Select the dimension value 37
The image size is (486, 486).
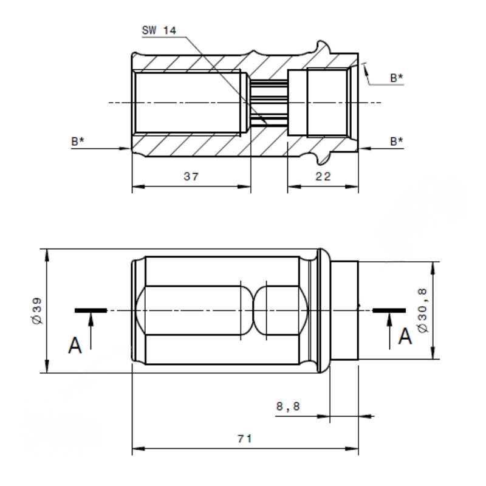coord(191,176)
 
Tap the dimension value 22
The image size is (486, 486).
coord(323,176)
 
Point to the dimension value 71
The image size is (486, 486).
coord(245,439)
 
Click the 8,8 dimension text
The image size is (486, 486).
coord(289,406)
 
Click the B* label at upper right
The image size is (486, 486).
coord(396,78)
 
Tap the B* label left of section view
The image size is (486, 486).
coord(77,140)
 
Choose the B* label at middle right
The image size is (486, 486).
coord(397,141)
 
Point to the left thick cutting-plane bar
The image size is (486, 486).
coord(91,310)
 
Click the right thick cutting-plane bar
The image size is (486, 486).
coord(389,310)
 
